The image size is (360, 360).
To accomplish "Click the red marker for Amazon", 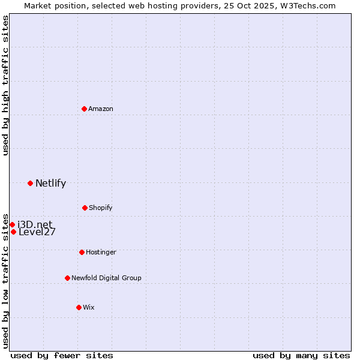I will (85, 109).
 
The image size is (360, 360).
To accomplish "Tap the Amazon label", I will (101, 109).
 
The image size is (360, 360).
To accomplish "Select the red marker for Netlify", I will (30, 183).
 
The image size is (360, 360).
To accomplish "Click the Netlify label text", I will (50, 184).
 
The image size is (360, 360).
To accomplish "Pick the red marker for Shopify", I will (85, 208).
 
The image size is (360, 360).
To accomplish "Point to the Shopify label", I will (101, 208).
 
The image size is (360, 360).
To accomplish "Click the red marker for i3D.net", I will (12, 224).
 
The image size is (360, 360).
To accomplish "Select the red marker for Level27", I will (13, 232).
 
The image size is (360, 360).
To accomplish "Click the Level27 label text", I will (37, 232).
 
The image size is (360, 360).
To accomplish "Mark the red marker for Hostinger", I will (82, 252).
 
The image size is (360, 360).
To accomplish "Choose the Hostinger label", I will (101, 253).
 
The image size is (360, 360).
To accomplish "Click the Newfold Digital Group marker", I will (67, 278).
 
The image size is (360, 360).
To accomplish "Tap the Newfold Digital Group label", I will (106, 278).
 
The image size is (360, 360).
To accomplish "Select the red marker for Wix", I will (79, 307).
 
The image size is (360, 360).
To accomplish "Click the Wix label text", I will (89, 308).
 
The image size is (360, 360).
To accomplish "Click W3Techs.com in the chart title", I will (310, 6).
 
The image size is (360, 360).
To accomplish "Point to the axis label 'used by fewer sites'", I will (62, 355).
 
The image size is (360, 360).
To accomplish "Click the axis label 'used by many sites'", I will (301, 355).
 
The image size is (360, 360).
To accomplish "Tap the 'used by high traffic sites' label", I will (6, 85).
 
